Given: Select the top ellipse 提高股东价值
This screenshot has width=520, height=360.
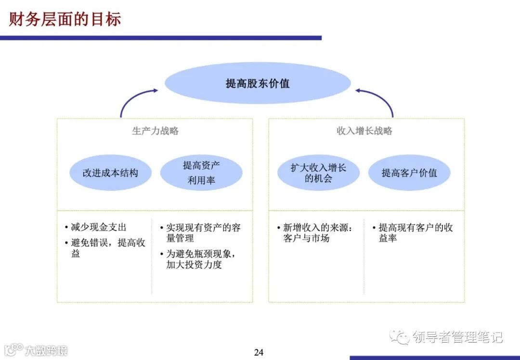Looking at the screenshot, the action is pos(258,83).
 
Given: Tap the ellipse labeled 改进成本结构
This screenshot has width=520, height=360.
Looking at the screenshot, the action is pos(110,173).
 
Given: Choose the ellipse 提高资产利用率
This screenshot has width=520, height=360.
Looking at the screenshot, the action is pos(201,173).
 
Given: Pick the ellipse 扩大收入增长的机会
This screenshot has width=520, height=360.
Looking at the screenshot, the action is pos(318,173).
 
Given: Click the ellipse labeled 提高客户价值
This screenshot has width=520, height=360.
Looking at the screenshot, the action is pos(409,173).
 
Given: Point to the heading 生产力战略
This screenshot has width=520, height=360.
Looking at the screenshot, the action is pos(155,131).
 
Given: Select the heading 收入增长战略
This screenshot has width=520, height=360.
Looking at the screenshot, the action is pos(364,131).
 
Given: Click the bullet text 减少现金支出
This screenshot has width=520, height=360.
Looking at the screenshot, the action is pos(98,227).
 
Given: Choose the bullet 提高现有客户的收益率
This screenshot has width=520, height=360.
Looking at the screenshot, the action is pos(414,233).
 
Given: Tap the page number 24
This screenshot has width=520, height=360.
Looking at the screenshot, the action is pos(259,352).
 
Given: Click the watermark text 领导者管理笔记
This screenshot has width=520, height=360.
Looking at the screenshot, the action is pos(457,337).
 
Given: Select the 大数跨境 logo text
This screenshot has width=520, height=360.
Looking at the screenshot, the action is pos(46,350).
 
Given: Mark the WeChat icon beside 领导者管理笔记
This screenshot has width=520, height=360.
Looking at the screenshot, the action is pos(399,336).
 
